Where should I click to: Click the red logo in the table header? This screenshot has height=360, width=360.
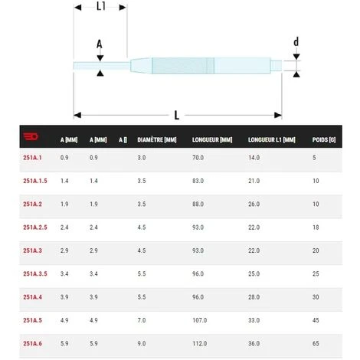tap(31, 136)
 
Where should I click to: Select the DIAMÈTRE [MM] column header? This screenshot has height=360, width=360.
tap(157, 140)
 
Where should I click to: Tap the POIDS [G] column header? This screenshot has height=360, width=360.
tap(324, 140)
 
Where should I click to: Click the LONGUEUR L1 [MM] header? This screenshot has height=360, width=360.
tap(272, 140)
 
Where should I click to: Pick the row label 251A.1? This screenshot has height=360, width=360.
tap(32, 158)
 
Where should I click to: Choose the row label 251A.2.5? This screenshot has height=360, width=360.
tap(35, 227)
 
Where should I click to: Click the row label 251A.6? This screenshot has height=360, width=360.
tap(32, 343)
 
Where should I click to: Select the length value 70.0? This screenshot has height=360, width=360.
tap(198, 158)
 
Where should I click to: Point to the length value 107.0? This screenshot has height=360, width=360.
tap(200, 320)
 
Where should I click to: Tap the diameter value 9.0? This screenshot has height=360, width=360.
tap(142, 343)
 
